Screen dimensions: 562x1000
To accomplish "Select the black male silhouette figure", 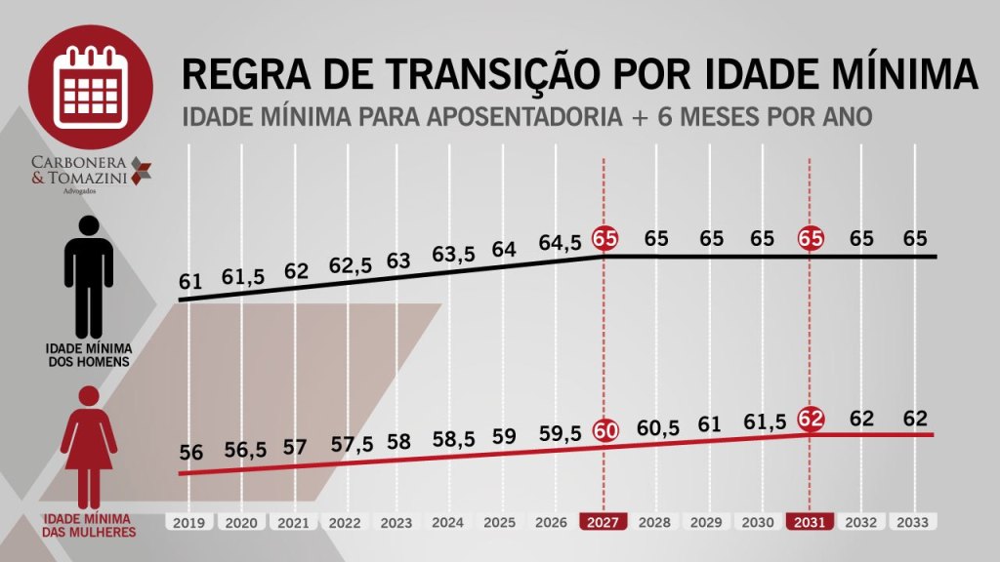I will (89, 277).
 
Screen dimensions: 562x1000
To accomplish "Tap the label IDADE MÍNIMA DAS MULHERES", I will (89, 526).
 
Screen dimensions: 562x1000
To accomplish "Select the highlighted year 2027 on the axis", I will (604, 522).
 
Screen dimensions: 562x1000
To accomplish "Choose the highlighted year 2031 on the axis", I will (811, 522).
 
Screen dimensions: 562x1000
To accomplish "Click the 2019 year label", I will (190, 522).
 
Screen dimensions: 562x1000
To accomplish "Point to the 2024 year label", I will (449, 522).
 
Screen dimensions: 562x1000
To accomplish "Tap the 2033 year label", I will (913, 522).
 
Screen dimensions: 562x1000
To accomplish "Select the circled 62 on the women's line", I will (811, 420).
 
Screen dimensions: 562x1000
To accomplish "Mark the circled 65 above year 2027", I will (604, 239).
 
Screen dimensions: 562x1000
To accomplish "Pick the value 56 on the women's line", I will (190, 454).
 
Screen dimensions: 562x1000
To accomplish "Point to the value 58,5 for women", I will (453, 439).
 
